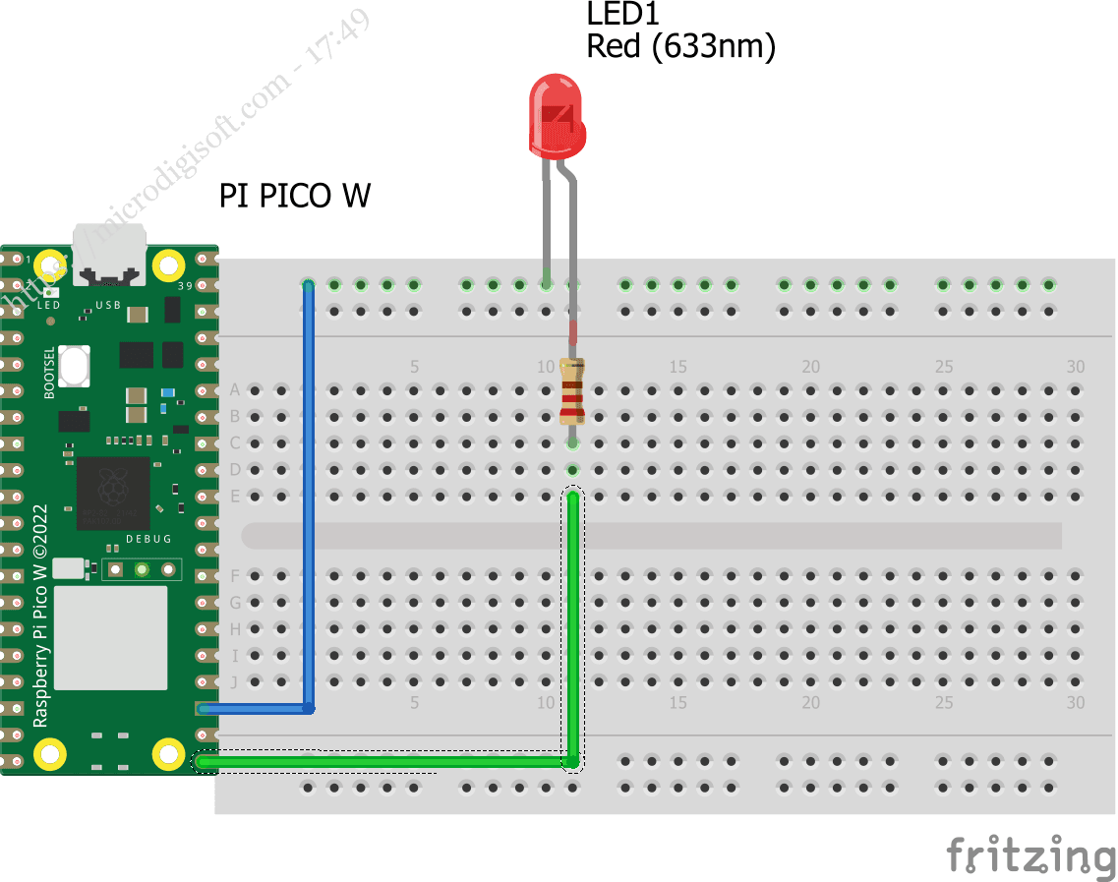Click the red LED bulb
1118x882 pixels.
[558, 118]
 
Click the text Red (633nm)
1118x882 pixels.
[680, 46]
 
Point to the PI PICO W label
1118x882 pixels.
[295, 196]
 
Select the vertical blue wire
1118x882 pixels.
[309, 492]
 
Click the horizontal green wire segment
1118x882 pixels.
[383, 761]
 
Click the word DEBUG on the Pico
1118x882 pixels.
[148, 539]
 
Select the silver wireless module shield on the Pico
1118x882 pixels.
[110, 637]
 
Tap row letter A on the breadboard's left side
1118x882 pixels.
[235, 390]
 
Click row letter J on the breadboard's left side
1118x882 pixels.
[235, 681]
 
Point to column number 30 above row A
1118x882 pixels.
[1076, 367]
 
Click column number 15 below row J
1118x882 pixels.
[677, 703]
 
